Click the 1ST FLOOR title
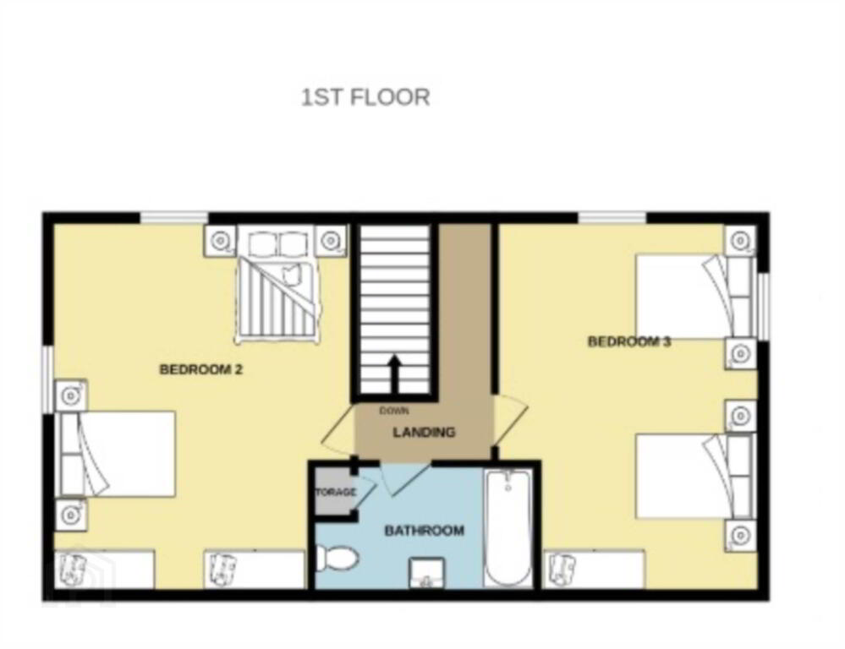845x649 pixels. coord(365,97)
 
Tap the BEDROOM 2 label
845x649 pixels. coord(201,369)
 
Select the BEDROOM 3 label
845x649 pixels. coord(629,341)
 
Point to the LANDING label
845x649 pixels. coord(424,432)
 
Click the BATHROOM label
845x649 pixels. coord(424,531)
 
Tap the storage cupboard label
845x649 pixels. coord(335,492)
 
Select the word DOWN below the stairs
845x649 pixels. coord(394,411)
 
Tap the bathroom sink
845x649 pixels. coord(427,573)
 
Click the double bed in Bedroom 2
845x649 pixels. coord(277,286)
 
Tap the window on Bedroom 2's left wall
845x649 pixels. coord(48,379)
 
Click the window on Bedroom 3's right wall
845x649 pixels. coord(764,307)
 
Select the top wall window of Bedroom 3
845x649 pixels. coord(612,218)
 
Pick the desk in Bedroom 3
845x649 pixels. coord(595,569)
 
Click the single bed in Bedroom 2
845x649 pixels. coord(115,454)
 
